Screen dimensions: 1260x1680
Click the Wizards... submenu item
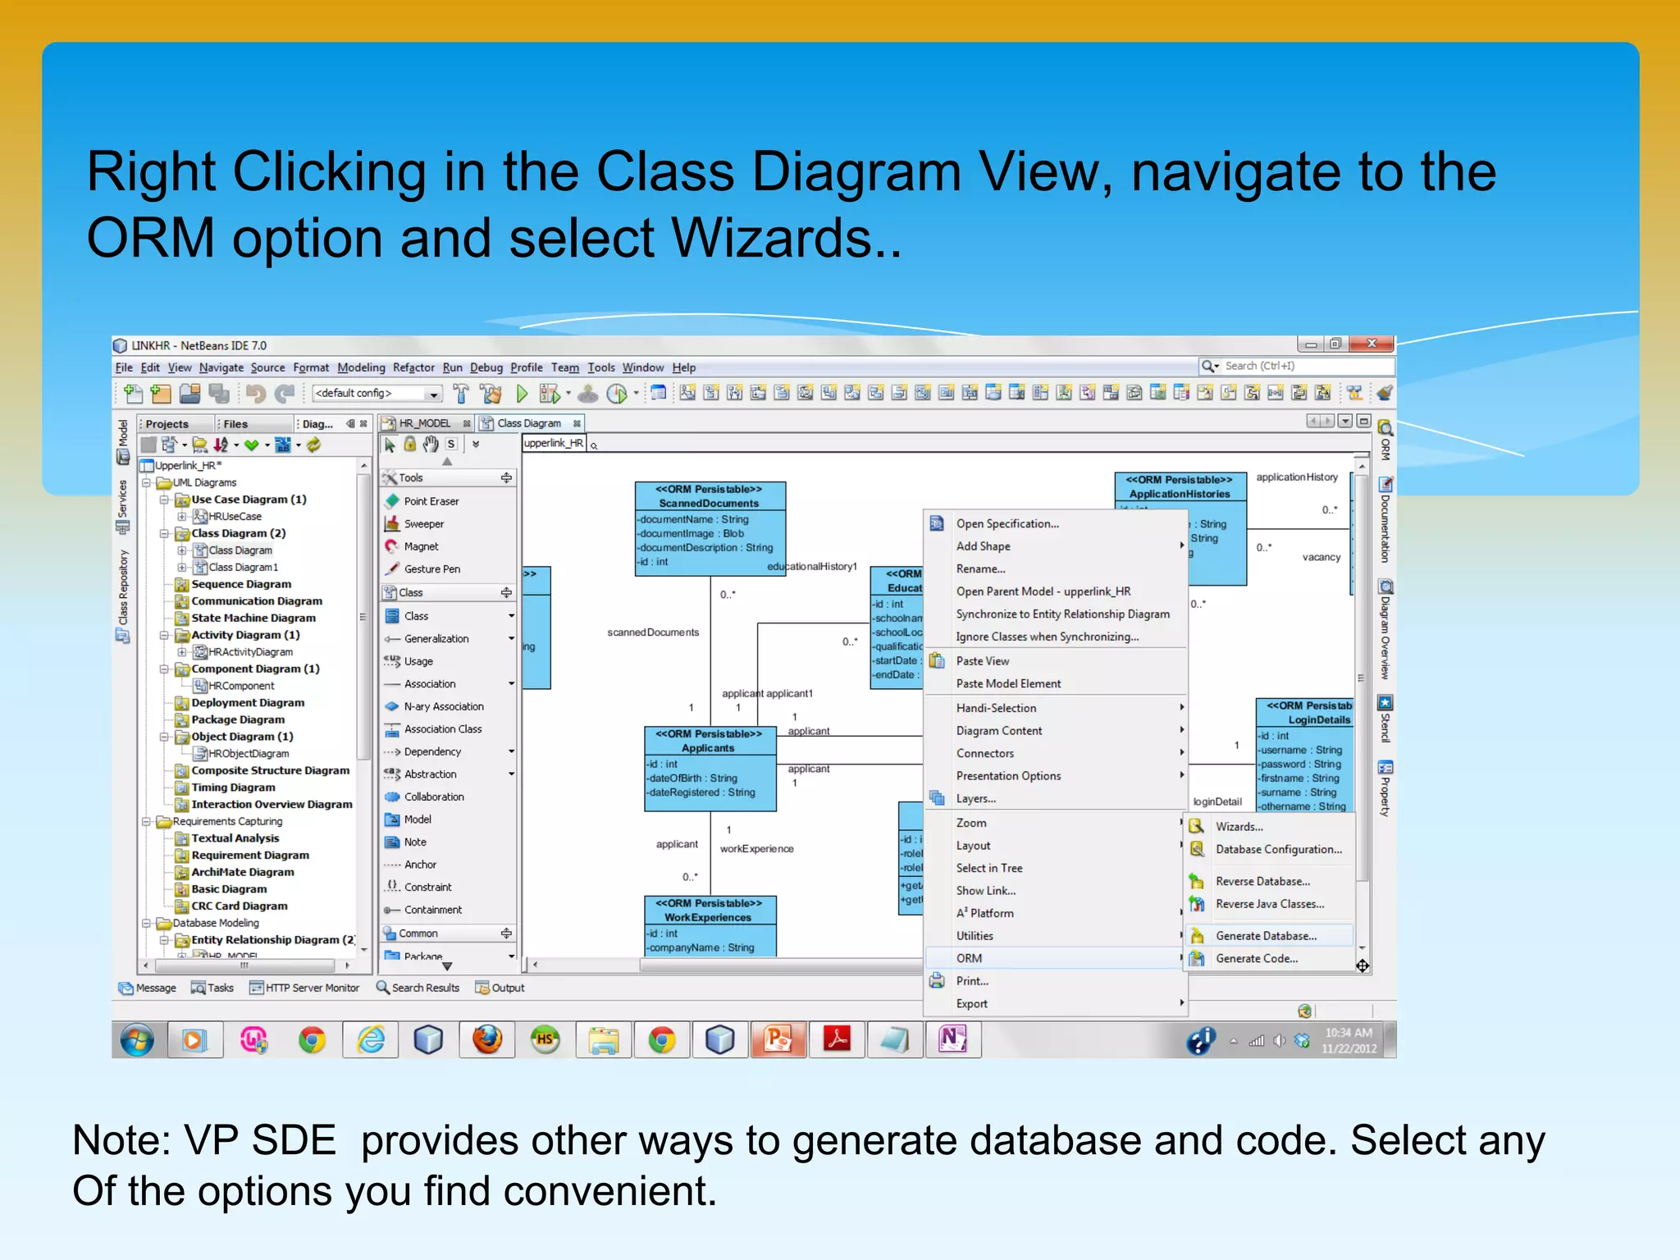tap(1239, 827)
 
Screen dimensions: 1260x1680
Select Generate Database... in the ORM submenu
tap(1266, 936)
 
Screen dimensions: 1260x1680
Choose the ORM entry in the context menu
tap(969, 958)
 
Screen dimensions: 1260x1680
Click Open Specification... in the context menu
tap(1007, 524)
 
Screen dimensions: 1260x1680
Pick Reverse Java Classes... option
tap(1269, 904)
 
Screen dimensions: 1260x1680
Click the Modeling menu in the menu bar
tap(361, 367)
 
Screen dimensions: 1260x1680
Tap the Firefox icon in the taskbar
tap(487, 1040)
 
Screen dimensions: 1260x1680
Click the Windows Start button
tap(137, 1040)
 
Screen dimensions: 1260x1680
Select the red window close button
tap(1371, 344)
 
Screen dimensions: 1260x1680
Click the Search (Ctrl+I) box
tap(1304, 366)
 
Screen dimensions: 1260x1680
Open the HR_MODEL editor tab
tap(424, 423)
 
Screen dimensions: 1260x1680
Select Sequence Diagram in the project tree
tap(240, 584)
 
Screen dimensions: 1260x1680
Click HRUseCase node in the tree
tap(235, 517)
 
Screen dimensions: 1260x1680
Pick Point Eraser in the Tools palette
tap(431, 501)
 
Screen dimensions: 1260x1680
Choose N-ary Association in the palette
tap(443, 706)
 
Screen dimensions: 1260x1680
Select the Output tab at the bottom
tap(507, 988)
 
